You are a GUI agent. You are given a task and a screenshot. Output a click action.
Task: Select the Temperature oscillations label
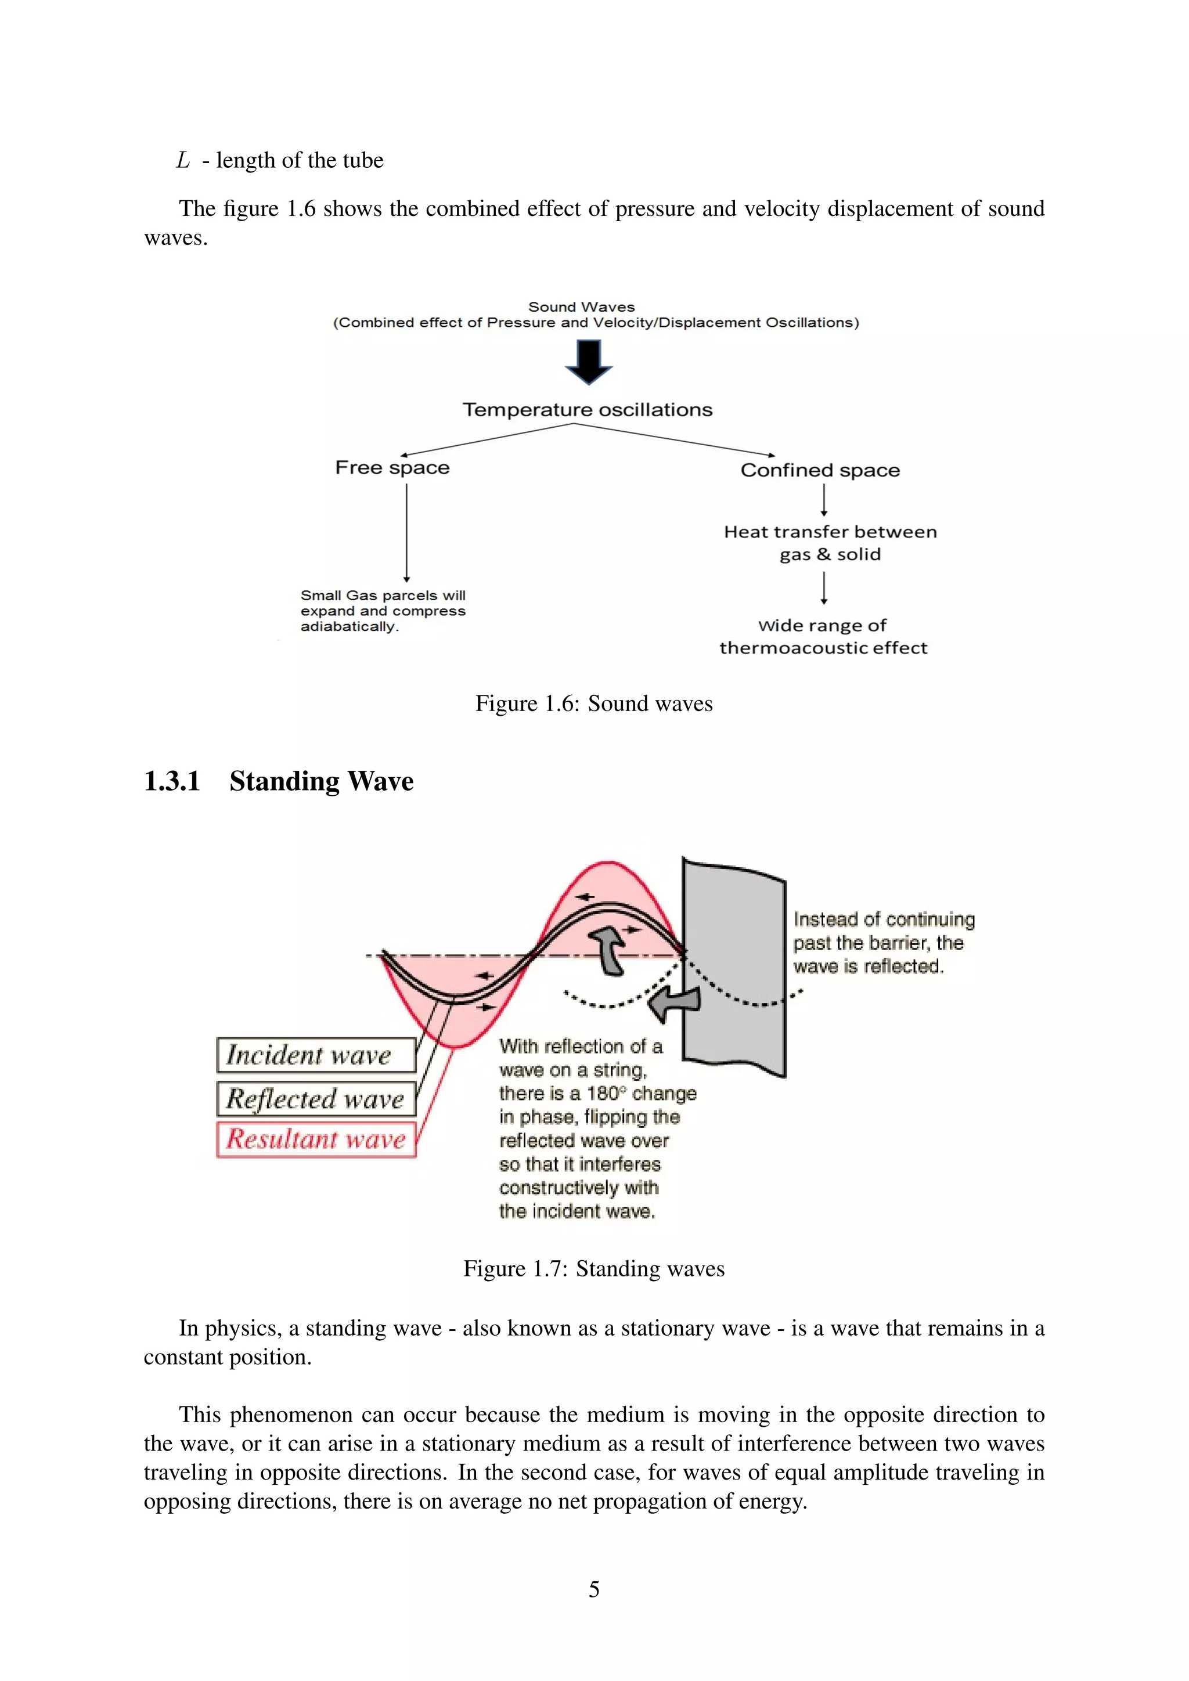pos(587,410)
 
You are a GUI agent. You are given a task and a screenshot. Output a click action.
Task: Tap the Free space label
pos(392,468)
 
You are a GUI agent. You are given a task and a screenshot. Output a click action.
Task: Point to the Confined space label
pos(820,470)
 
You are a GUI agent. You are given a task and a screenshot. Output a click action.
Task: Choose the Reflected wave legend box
pos(316,1098)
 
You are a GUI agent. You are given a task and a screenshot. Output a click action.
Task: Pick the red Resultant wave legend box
pos(316,1139)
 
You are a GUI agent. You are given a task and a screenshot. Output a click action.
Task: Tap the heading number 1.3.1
pos(172,781)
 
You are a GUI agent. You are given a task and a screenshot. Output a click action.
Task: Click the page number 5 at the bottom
pos(594,1589)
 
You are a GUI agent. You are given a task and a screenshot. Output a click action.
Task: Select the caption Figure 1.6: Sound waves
pos(594,704)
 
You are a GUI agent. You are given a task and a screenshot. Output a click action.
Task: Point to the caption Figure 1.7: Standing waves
pos(594,1269)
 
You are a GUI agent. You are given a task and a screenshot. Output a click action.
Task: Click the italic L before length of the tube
pos(183,160)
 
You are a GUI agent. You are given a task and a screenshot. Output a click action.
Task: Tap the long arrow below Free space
pos(406,532)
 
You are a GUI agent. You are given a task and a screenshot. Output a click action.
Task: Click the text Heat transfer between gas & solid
pos(830,543)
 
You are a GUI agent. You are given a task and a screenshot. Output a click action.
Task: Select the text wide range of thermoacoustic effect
pos(823,636)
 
